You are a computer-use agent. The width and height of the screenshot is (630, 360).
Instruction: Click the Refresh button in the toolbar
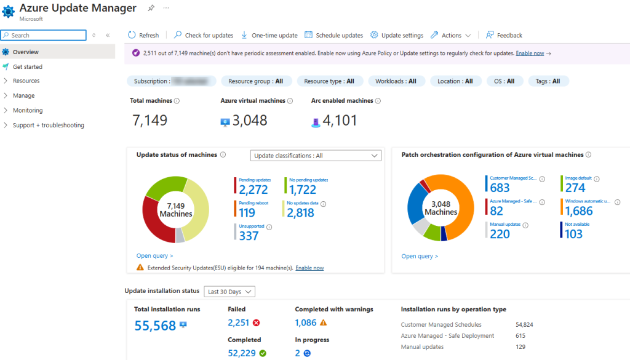coord(143,35)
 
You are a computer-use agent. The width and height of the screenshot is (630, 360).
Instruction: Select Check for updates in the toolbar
coord(204,35)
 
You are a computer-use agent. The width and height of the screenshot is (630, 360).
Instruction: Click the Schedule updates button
coord(334,35)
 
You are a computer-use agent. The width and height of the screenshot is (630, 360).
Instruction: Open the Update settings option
coord(397,35)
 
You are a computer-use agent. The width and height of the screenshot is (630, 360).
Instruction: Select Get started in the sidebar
coord(28,66)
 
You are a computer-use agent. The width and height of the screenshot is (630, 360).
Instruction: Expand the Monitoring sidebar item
coord(28,111)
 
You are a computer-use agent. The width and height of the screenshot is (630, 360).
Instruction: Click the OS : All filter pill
coord(504,81)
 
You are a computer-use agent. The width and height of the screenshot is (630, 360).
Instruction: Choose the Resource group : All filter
coord(255,81)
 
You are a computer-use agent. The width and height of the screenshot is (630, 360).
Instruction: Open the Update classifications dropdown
coord(316,156)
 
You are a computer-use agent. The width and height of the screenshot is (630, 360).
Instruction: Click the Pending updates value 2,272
coord(253,190)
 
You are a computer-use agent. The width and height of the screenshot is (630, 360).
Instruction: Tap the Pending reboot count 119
coord(247,213)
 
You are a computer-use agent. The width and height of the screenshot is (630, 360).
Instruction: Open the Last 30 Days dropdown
coord(229,292)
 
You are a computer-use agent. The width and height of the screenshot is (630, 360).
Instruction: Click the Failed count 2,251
coord(238,322)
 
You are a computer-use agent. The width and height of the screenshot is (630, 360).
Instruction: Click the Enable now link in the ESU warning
coord(309,268)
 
